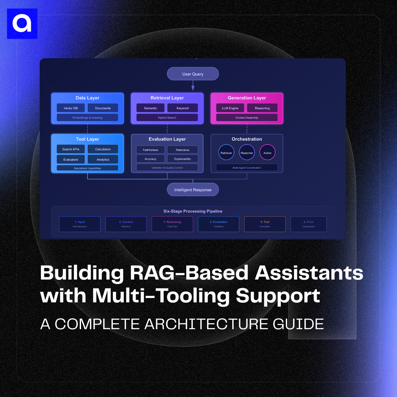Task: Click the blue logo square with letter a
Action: point(22,24)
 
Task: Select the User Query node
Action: point(193,74)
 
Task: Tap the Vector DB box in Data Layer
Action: point(71,108)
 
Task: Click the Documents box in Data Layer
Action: point(103,108)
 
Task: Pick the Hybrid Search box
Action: point(167,117)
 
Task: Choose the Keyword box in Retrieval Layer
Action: point(183,108)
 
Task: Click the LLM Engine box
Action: point(230,108)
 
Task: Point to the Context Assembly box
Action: point(247,117)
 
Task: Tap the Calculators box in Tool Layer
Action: point(103,149)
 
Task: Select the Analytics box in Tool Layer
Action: point(103,159)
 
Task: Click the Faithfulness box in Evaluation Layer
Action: point(151,150)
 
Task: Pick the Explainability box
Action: point(183,159)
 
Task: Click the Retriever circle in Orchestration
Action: point(226,153)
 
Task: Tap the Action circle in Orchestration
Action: point(267,153)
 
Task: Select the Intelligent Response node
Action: point(193,190)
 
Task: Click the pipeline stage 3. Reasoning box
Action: point(172,224)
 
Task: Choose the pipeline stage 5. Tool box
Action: point(265,224)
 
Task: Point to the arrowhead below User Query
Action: point(193,88)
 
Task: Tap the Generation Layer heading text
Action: point(247,98)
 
